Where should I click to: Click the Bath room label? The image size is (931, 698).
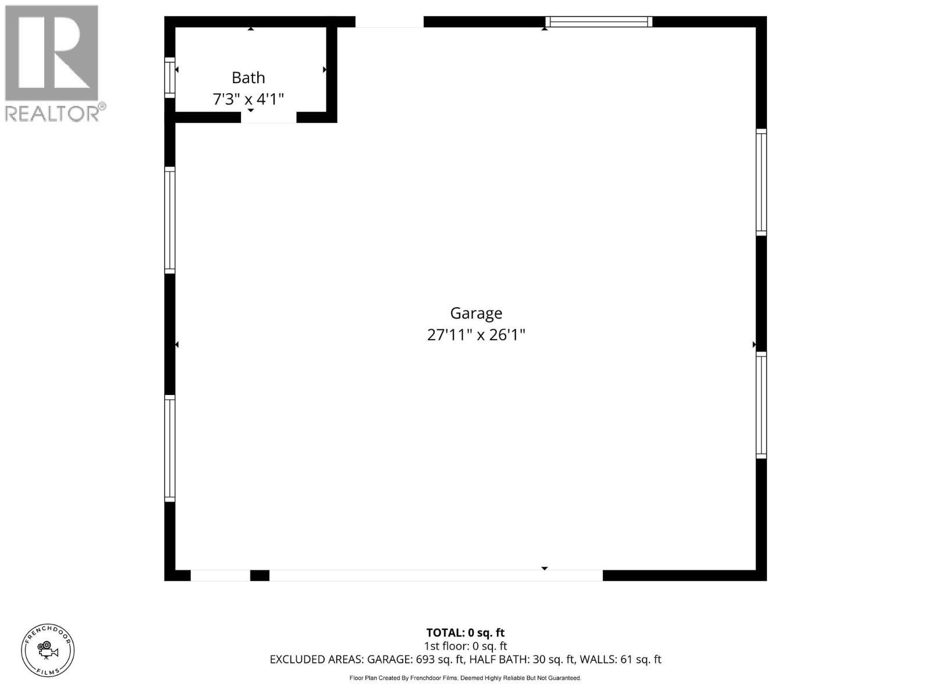click(x=248, y=77)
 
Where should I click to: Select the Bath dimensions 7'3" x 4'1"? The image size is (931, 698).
click(x=248, y=99)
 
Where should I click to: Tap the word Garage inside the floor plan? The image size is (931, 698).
click(x=476, y=313)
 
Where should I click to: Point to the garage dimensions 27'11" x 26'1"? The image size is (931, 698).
click(x=476, y=335)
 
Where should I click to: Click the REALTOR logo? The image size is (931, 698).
click(x=54, y=63)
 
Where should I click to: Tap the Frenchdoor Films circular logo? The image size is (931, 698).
click(x=48, y=650)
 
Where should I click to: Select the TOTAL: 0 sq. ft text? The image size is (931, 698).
click(x=465, y=633)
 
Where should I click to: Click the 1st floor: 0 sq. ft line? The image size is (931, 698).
click(x=465, y=646)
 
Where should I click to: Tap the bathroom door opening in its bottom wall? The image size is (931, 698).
click(x=269, y=117)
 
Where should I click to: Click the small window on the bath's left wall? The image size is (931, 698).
click(x=170, y=77)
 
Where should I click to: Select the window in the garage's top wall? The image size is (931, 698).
click(x=599, y=22)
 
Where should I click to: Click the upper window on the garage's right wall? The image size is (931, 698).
click(x=761, y=182)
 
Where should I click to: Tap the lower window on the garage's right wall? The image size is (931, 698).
click(x=761, y=405)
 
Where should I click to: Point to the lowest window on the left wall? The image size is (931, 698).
click(x=170, y=448)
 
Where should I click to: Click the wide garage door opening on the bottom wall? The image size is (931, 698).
click(x=436, y=575)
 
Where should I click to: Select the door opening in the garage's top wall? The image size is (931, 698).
click(x=389, y=22)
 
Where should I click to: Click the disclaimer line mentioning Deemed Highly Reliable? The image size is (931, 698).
click(x=465, y=678)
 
